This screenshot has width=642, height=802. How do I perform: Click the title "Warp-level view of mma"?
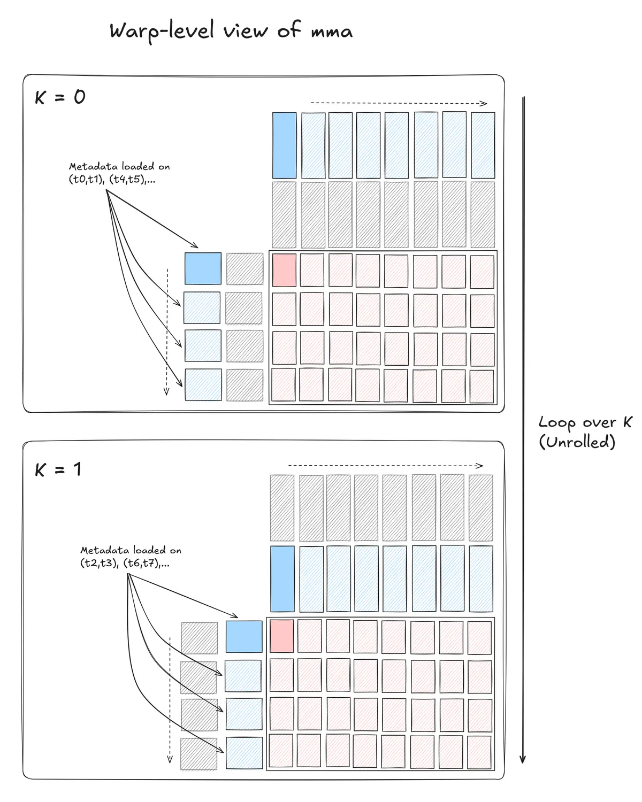231,31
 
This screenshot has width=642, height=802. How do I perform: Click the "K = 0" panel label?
60,97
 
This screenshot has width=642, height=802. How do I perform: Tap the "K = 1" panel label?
58,469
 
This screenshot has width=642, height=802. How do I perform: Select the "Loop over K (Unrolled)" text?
584,432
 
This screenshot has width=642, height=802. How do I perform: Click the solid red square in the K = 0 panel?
284,271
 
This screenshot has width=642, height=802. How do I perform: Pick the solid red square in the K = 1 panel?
282,636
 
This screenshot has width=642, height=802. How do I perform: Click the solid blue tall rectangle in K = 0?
284,145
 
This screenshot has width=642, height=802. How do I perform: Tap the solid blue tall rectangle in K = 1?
282,579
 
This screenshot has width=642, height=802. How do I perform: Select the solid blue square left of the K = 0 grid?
203,268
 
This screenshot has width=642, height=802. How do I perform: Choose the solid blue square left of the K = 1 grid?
244,636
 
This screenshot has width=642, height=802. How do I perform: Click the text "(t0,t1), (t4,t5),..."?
112,180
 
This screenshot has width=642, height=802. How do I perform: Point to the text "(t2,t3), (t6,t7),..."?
125,563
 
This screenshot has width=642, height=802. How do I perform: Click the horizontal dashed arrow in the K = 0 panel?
399,103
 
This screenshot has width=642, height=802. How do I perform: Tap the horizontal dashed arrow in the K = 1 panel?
385,466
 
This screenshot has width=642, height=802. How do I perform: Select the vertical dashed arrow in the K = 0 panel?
167,331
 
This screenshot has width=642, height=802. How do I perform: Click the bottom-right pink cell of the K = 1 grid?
479,752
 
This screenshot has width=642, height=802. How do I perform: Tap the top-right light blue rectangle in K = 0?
483,145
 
